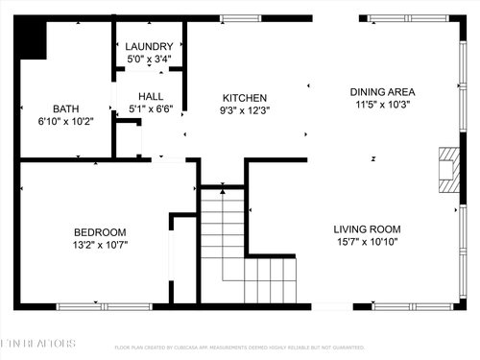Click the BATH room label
tap(66, 108)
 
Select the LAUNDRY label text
tap(149, 46)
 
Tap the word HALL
tap(151, 97)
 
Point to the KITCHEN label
tap(245, 98)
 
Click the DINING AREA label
tap(382, 92)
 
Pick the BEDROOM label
tap(101, 232)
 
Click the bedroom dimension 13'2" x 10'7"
tap(101, 245)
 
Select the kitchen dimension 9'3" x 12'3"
tap(245, 110)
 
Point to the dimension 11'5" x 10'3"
tap(382, 105)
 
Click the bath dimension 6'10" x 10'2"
tap(66, 121)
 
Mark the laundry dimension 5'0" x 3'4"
tap(149, 59)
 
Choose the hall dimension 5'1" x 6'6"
tap(151, 109)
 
